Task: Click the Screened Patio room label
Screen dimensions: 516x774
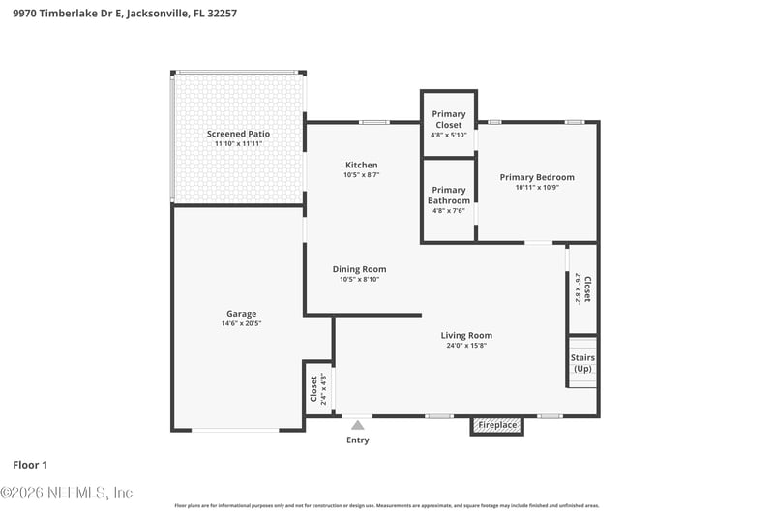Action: [238, 134]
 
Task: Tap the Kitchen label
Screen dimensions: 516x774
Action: [361, 165]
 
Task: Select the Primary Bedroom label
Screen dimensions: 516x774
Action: [536, 177]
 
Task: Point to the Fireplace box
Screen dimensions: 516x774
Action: [497, 425]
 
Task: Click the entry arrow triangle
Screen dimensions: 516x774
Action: [357, 424]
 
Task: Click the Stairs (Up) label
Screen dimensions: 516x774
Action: [582, 363]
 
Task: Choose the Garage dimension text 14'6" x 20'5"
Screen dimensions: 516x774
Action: [241, 323]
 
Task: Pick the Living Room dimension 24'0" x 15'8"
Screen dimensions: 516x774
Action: [466, 346]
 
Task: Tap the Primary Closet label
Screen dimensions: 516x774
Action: [449, 120]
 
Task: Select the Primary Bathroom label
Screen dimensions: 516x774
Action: [449, 196]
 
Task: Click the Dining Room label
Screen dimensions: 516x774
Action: [359, 269]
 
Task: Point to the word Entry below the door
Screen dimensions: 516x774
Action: [357, 440]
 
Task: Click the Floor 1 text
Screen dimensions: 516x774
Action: [30, 465]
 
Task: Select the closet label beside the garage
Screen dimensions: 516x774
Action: [314, 389]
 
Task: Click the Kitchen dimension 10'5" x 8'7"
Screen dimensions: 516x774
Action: [361, 175]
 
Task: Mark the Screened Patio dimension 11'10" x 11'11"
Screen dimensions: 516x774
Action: [238, 144]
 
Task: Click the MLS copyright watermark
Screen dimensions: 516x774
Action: [67, 493]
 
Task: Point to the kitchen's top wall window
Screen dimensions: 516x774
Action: [373, 122]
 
